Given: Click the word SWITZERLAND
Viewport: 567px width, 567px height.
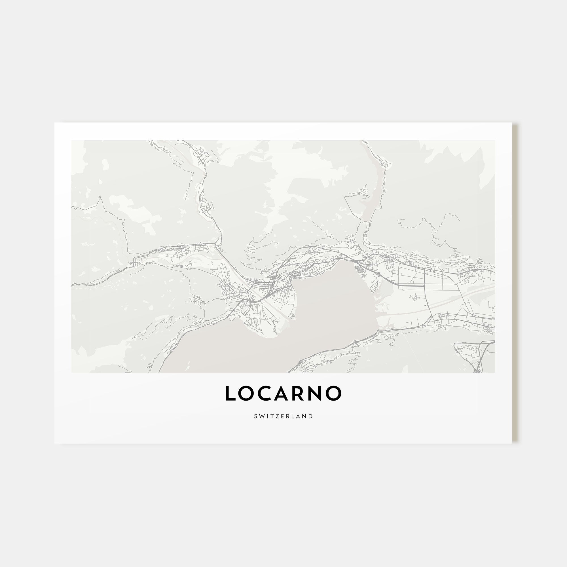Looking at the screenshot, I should point(283,416).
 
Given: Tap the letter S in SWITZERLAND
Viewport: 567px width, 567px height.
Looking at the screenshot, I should point(256,416).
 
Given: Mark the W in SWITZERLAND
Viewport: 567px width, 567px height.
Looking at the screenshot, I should point(261,416).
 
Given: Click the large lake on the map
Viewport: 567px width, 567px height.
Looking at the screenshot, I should point(323,317).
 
